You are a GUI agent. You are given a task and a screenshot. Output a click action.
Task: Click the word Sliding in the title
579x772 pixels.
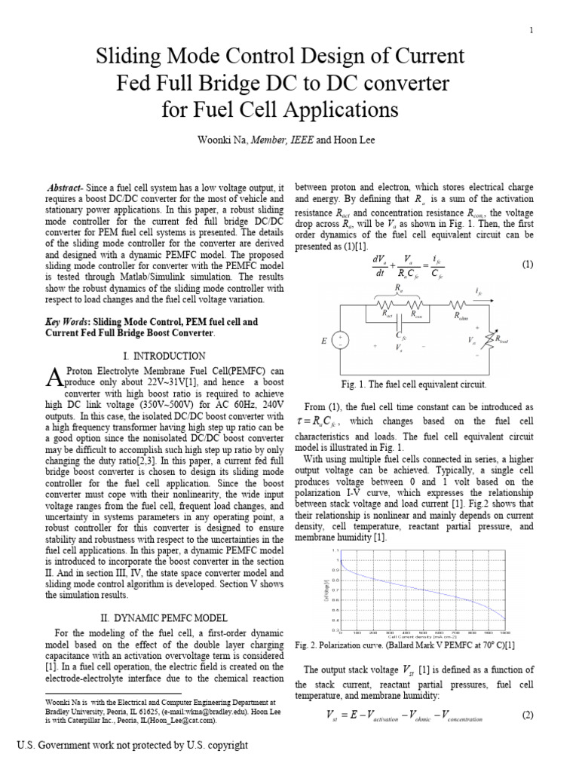(136, 57)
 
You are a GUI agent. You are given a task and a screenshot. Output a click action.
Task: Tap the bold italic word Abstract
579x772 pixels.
(68, 187)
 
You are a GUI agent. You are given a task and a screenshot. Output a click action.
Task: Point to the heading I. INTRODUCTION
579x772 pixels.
(163, 355)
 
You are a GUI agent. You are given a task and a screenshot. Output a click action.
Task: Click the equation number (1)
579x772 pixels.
(527, 265)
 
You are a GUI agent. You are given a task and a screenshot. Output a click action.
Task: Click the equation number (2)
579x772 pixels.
(527, 715)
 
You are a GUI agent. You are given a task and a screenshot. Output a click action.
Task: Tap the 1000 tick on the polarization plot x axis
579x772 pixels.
(505, 633)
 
